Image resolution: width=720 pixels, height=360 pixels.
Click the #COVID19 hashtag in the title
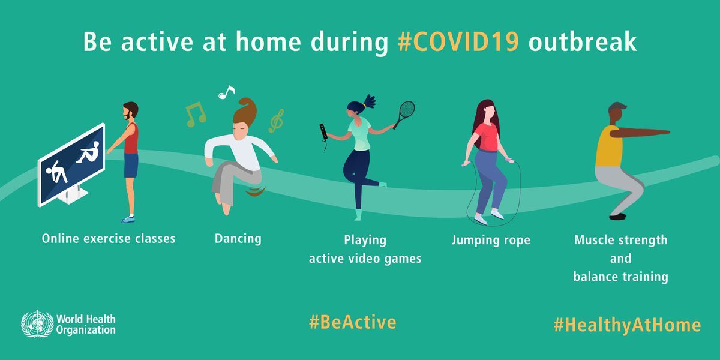[x=458, y=44]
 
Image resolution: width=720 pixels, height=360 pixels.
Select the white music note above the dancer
[x=226, y=92]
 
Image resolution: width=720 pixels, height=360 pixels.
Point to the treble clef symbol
[x=276, y=121]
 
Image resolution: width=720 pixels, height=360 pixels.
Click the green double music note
[x=195, y=114]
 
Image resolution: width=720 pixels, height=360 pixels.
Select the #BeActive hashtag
[x=352, y=322]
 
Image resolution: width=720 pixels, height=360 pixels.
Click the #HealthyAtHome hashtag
[x=626, y=325]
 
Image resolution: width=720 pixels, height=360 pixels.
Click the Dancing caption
[x=238, y=238]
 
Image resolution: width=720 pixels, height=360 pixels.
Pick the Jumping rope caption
[x=491, y=240]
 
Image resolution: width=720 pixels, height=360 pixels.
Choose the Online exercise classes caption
[x=109, y=238]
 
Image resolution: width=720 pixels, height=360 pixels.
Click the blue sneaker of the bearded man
[x=128, y=218]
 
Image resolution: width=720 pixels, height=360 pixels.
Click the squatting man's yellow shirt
[x=607, y=148]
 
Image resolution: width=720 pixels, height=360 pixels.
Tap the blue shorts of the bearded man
[x=131, y=165]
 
